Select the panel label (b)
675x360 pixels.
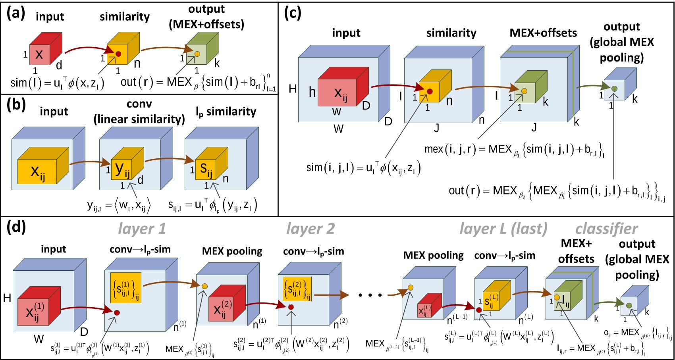[x=16, y=105]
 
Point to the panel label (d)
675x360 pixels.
[x=16, y=227]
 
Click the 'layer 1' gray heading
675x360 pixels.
[x=142, y=229]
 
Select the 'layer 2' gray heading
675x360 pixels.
[x=310, y=229]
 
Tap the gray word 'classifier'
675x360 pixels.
[x=606, y=229]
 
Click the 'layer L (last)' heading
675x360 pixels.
[x=503, y=229]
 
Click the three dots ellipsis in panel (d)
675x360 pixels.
[x=370, y=295]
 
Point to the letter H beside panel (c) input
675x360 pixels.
[x=293, y=89]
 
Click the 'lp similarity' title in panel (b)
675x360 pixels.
[x=226, y=112]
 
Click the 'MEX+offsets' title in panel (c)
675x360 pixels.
[x=543, y=33]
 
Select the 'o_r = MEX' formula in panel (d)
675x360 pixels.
[x=638, y=333]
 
